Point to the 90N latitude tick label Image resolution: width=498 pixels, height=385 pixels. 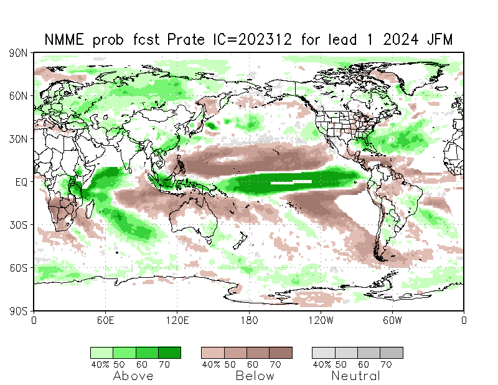pos(19,54)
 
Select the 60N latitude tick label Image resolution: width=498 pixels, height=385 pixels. pos(19,96)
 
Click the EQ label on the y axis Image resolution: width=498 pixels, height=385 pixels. pos(21,182)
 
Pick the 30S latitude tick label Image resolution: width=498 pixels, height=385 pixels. pos(19,225)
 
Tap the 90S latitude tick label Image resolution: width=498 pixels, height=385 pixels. pos(19,310)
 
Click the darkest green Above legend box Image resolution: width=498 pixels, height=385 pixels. pos(169,353)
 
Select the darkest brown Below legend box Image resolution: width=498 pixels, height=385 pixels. pos(280,353)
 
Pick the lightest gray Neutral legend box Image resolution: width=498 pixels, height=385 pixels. pos(323,353)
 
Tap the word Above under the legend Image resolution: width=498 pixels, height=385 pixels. pos(133,376)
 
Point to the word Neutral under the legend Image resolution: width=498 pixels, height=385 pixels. pos(355,376)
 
